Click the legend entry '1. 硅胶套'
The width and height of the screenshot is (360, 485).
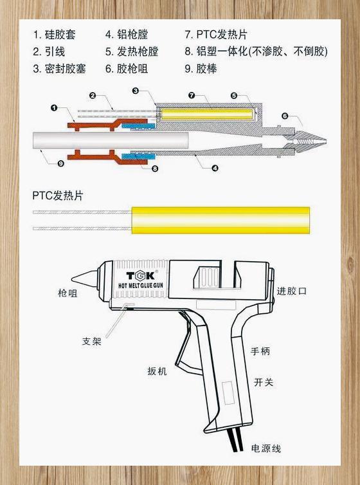click(x=54, y=34)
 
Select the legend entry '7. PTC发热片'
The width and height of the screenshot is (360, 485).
click(x=216, y=34)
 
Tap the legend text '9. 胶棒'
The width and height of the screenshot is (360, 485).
click(x=201, y=68)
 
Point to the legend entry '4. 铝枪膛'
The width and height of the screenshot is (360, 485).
click(x=127, y=34)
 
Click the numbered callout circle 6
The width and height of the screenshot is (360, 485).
click(x=285, y=116)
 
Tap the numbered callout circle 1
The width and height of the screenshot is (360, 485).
click(x=54, y=107)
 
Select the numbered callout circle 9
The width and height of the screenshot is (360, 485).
click(x=61, y=163)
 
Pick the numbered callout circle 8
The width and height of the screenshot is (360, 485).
click(x=155, y=169)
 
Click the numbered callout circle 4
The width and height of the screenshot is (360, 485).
click(x=215, y=169)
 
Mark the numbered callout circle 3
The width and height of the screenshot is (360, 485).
click(x=136, y=91)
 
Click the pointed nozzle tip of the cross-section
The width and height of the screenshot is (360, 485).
click(x=326, y=142)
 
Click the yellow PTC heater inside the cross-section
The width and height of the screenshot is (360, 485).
click(x=206, y=114)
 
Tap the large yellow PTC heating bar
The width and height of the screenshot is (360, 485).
click(x=221, y=220)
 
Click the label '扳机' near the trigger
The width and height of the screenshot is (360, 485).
click(x=157, y=371)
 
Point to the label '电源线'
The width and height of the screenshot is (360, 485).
click(x=265, y=448)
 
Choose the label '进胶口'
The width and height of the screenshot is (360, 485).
click(x=291, y=291)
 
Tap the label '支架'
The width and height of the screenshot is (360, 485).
click(x=92, y=341)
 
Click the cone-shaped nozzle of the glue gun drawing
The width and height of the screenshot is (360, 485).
click(x=85, y=278)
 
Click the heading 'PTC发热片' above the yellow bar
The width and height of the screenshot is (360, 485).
click(x=58, y=196)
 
